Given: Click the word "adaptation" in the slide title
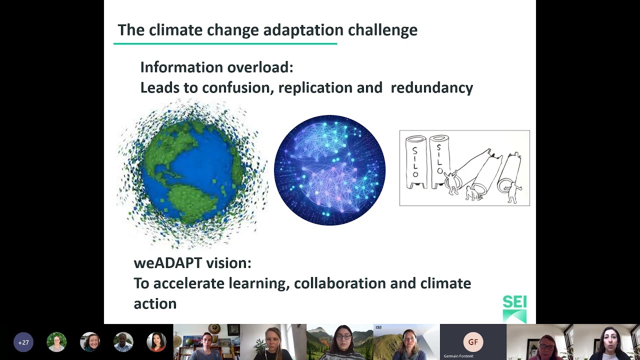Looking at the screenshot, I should [303, 30].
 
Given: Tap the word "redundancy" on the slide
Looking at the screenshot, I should [431, 87].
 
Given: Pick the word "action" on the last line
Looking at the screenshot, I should [155, 303].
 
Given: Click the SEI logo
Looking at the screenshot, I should [514, 308].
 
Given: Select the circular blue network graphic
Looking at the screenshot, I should [329, 170].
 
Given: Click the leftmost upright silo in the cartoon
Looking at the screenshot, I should [416, 161].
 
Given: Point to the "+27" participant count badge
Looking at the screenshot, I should [23, 342].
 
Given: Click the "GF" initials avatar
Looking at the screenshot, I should [473, 342].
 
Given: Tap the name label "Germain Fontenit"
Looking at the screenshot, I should [458, 356].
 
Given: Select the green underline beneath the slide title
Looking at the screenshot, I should [225, 44].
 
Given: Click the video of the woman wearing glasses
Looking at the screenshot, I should [339, 342].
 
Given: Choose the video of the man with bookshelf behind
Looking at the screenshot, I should [206, 342].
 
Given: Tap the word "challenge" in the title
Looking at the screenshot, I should [382, 30].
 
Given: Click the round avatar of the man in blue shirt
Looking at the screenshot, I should [123, 342].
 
